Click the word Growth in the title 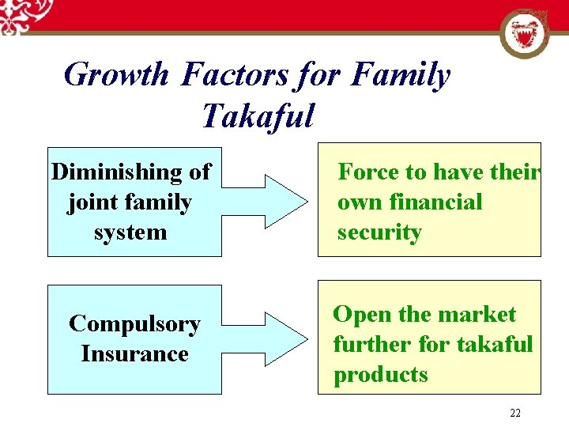point(116,76)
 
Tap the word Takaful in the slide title point(258,116)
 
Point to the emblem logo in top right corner point(526,35)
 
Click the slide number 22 point(515,413)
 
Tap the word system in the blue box point(130,232)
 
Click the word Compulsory point(134,324)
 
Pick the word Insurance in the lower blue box point(134,353)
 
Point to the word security point(379,232)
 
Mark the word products point(380,374)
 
